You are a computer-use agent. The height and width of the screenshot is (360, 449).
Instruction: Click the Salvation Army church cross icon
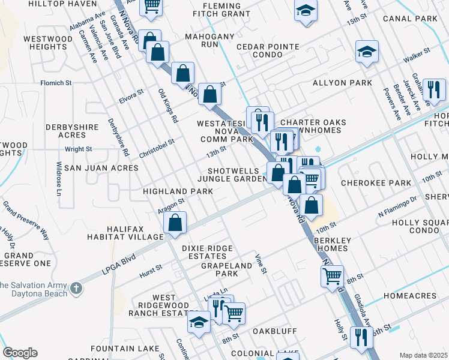(x=76, y=289)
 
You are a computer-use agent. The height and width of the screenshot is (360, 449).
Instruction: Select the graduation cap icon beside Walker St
(x=366, y=52)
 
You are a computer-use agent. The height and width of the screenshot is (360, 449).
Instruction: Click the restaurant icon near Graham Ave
(x=434, y=89)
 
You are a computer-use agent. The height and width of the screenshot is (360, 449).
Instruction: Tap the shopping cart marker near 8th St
(x=332, y=277)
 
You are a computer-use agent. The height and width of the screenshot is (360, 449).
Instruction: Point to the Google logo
(x=20, y=353)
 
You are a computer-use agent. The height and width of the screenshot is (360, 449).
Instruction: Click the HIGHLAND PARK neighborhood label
(x=178, y=191)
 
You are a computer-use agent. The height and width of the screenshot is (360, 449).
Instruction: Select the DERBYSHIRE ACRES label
(x=71, y=131)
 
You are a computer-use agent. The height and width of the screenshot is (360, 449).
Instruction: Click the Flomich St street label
(x=56, y=83)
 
